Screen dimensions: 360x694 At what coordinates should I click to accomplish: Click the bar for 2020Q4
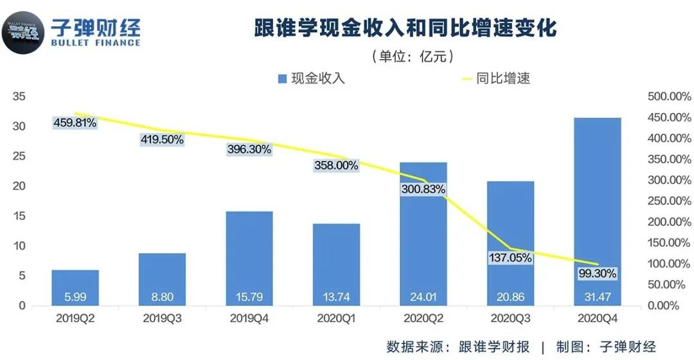coord(598,206)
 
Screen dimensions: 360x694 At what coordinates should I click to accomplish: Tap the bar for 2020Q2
coord(423,244)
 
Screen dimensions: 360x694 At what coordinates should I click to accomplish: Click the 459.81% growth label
coord(75,122)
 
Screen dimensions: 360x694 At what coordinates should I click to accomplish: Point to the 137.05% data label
coord(510,258)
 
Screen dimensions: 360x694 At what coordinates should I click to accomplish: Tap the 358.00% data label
coord(336,165)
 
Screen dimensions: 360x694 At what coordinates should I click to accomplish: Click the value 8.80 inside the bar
coord(162,298)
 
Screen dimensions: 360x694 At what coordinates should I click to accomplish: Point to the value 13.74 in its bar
coord(337,298)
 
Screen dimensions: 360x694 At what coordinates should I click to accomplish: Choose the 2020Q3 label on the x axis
coord(511,318)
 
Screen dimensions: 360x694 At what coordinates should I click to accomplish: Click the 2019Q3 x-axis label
coord(163,318)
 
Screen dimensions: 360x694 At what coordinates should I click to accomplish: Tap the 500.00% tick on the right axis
coord(669,97)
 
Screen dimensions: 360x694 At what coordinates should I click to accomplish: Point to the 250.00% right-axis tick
coord(669,201)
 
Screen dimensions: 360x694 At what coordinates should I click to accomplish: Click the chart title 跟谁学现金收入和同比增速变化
coord(403,30)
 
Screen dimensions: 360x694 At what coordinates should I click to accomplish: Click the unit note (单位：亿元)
coord(413,57)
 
